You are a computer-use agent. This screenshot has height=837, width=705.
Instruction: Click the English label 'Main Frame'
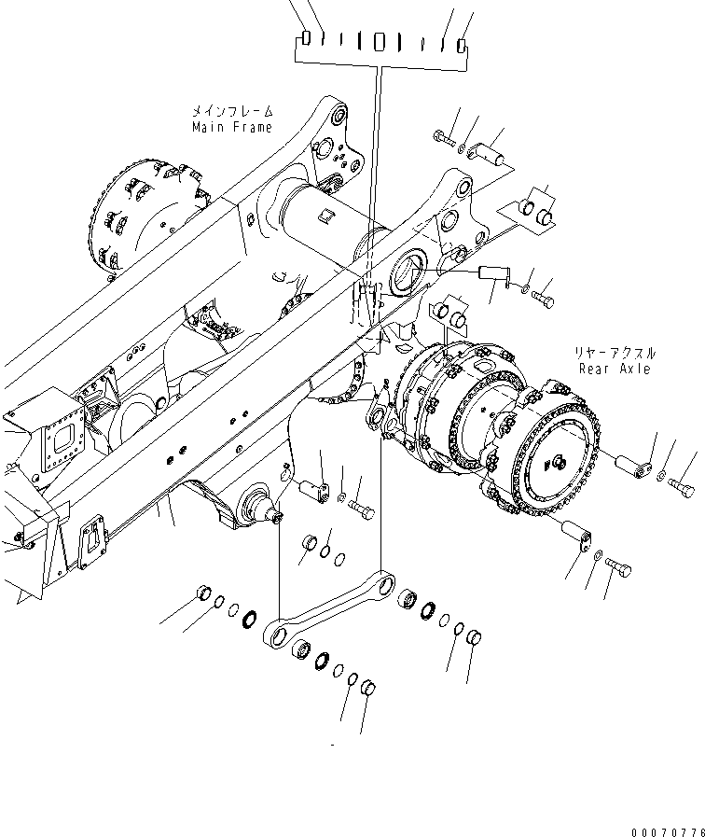[x=232, y=127]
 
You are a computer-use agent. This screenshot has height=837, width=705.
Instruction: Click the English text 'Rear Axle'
[x=616, y=369]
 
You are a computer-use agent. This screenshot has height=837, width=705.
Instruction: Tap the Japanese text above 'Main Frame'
[x=232, y=111]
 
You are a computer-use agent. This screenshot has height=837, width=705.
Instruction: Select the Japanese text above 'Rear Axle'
[x=616, y=354]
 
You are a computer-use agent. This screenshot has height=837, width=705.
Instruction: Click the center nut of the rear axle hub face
[x=559, y=460]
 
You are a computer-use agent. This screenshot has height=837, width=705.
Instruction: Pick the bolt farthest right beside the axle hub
[x=682, y=486]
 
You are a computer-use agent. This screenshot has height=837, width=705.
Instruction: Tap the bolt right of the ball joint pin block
[x=362, y=510]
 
